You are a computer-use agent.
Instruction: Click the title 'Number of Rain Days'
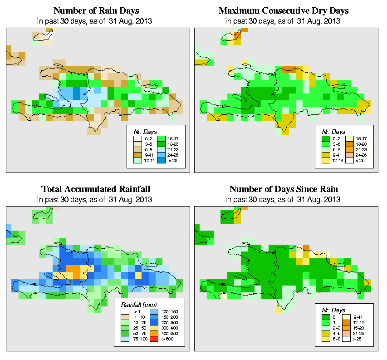tap(96, 10)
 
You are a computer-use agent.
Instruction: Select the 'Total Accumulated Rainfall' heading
tap(96, 189)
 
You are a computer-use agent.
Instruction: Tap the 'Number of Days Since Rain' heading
tap(284, 189)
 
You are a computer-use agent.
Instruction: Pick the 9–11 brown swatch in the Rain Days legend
tap(137, 155)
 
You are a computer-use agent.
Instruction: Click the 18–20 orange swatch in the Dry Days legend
tap(350, 143)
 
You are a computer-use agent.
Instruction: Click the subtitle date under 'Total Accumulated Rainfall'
tap(96, 199)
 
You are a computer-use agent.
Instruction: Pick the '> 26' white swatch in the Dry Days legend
tap(350, 161)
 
